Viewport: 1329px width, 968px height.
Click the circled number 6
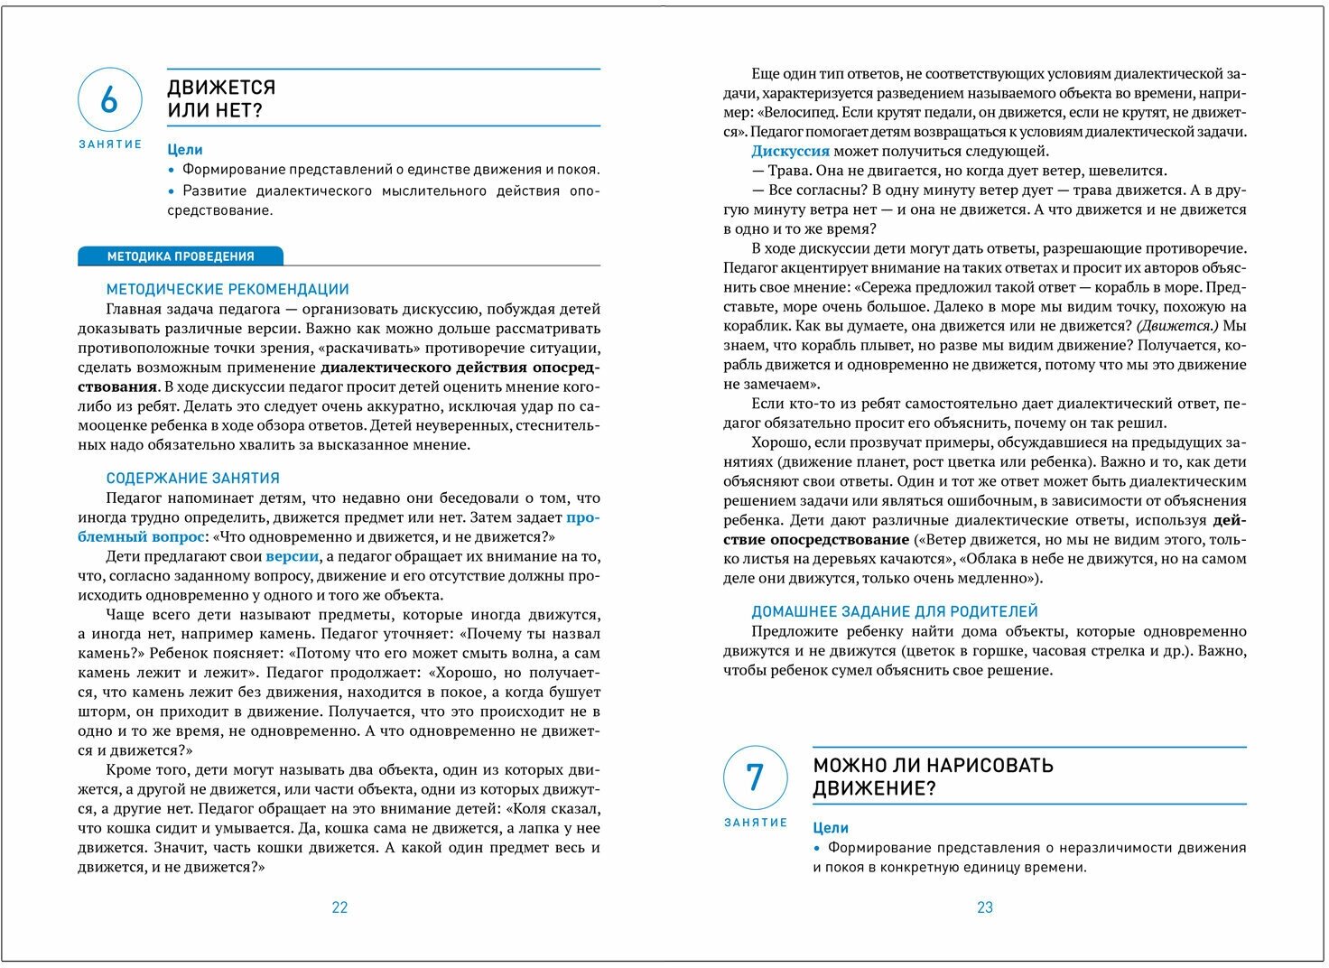click(x=109, y=99)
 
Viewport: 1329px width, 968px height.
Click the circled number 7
click(x=755, y=777)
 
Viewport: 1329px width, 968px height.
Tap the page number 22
click(x=339, y=907)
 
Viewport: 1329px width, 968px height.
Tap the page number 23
click(x=985, y=907)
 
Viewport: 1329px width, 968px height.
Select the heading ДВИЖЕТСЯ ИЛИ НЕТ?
click(x=221, y=99)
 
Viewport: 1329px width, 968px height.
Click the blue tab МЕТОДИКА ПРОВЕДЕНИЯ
click(x=181, y=256)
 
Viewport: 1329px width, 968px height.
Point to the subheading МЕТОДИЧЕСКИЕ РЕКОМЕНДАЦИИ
click(x=228, y=290)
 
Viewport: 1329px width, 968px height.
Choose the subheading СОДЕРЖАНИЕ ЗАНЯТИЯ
click(x=192, y=479)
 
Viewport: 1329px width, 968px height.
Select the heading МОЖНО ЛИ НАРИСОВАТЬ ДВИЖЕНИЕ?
click(x=933, y=777)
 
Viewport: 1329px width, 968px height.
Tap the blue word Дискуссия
click(x=790, y=152)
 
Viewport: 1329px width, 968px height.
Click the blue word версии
click(x=292, y=556)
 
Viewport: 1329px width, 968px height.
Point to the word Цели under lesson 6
click(x=185, y=150)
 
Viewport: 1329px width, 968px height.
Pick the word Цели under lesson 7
click(x=831, y=828)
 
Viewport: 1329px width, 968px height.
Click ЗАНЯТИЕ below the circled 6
click(x=110, y=144)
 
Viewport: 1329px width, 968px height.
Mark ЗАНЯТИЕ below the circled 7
click(x=756, y=823)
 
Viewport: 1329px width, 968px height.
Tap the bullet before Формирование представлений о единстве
click(x=171, y=170)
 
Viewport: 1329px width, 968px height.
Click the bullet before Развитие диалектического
click(x=171, y=191)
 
